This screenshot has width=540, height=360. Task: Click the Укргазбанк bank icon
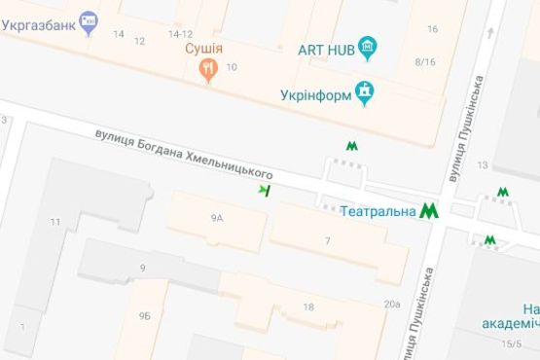point(90,18)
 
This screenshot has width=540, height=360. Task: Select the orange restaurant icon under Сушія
point(207,68)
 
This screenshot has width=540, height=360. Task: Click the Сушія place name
point(205,48)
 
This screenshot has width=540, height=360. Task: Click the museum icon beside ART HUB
point(367,46)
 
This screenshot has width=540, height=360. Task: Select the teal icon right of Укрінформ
point(366,93)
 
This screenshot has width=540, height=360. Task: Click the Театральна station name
point(378,209)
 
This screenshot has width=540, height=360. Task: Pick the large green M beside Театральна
point(429,209)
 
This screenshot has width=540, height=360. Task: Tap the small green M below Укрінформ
point(351,145)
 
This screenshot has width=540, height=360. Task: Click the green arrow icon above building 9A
point(264,190)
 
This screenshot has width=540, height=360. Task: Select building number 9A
point(216,219)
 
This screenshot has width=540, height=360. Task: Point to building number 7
point(328,240)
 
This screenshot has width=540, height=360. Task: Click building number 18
point(308,307)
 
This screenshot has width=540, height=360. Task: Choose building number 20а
point(391,305)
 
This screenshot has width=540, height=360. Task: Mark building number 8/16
point(424,62)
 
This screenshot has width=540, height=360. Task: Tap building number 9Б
point(144,315)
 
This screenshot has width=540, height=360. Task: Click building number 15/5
point(511,342)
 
